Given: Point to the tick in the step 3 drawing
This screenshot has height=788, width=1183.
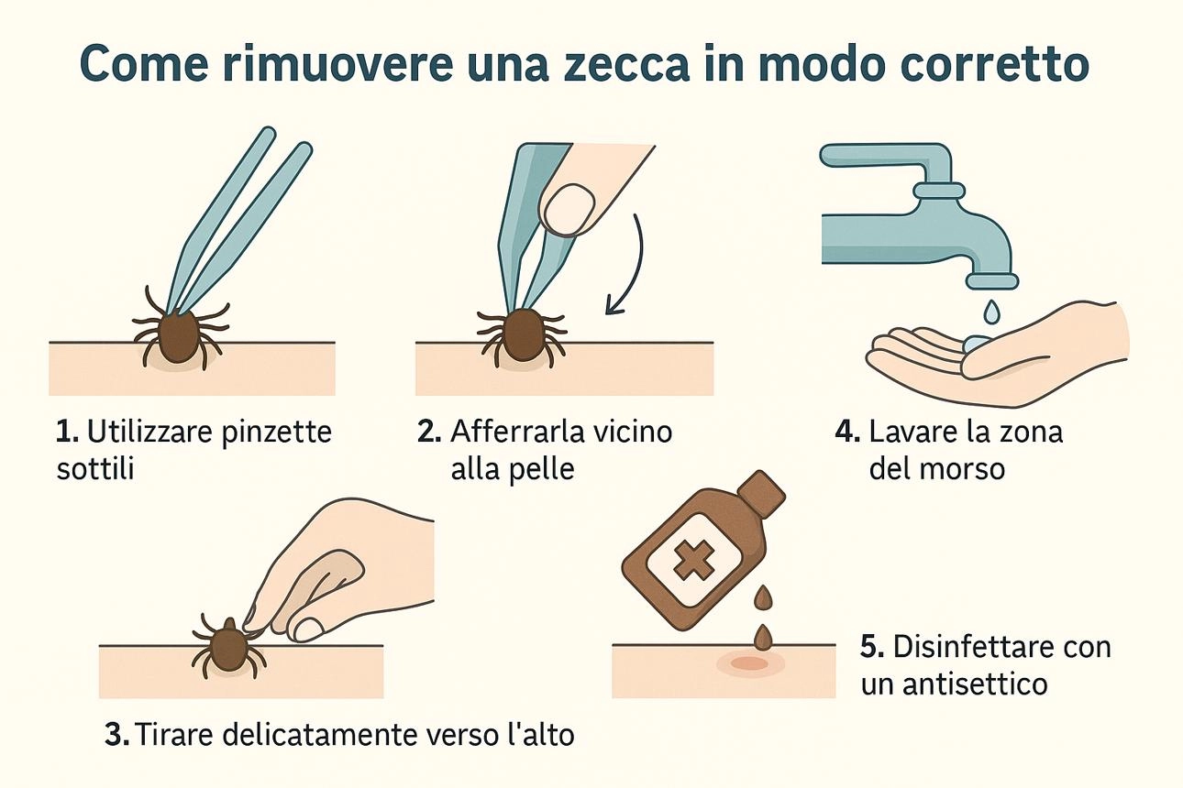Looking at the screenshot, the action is tap(227, 648).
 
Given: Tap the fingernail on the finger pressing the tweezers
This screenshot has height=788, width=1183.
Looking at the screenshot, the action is tap(569, 210).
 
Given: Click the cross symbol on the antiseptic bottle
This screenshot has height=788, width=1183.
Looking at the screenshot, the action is tap(691, 561).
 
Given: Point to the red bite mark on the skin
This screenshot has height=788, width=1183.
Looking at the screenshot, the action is tap(750, 663).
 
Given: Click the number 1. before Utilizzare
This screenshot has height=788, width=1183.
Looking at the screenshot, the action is tap(68, 432).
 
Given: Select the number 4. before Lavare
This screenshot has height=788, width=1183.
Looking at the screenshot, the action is tap(847, 432).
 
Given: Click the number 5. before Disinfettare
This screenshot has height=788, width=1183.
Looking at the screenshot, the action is tap(872, 647).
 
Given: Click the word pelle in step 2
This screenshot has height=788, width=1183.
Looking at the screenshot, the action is tap(542, 470).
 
